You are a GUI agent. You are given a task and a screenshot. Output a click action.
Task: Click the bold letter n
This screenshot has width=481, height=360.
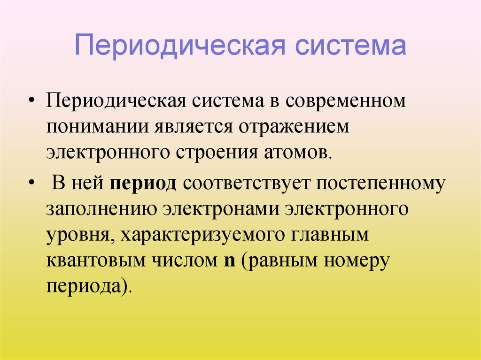pyautogui.click(x=230, y=261)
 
